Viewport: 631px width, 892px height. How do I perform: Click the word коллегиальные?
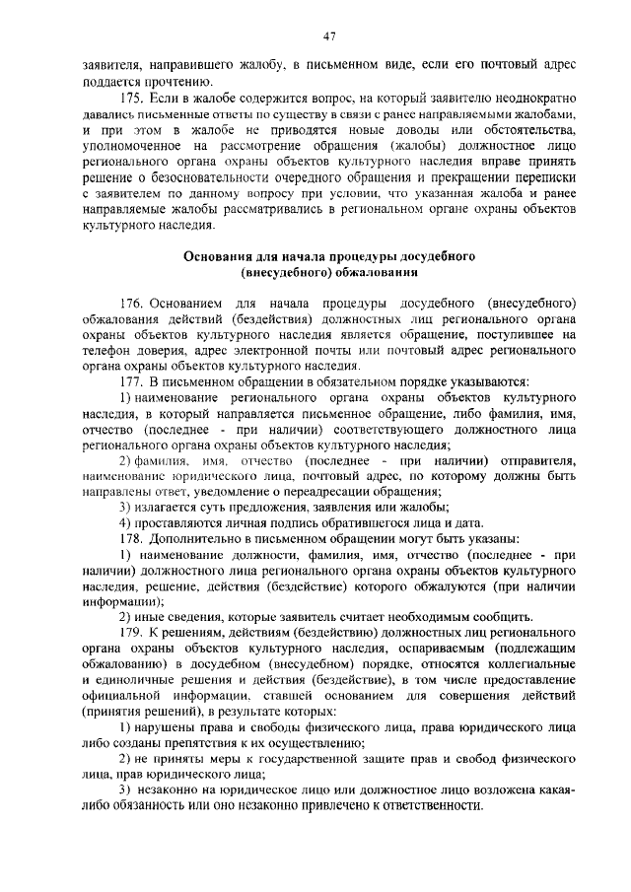[530, 664]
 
